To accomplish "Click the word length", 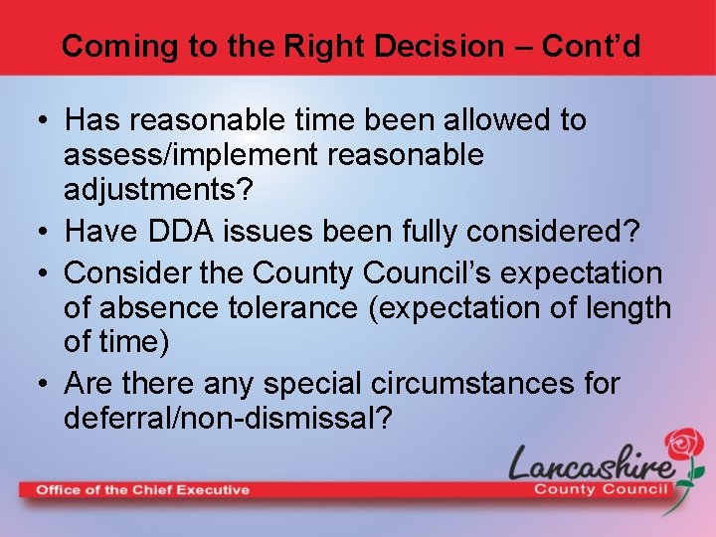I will click(x=626, y=308).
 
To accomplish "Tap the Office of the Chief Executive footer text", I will click(x=143, y=489).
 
